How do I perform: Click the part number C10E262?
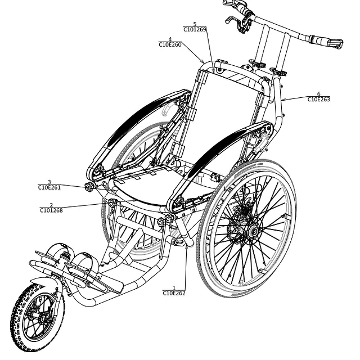(174, 293)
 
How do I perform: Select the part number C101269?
(195, 29)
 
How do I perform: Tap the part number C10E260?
(170, 44)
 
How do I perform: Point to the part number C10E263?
(319, 100)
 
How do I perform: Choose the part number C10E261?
(49, 187)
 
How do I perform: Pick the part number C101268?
(51, 210)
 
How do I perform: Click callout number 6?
(319, 94)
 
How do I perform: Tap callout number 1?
(174, 288)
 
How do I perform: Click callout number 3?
(49, 182)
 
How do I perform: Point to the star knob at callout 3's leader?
(89, 187)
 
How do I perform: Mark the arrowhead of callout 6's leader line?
(283, 100)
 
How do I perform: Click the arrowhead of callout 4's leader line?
(203, 62)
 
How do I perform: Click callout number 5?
(195, 24)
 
